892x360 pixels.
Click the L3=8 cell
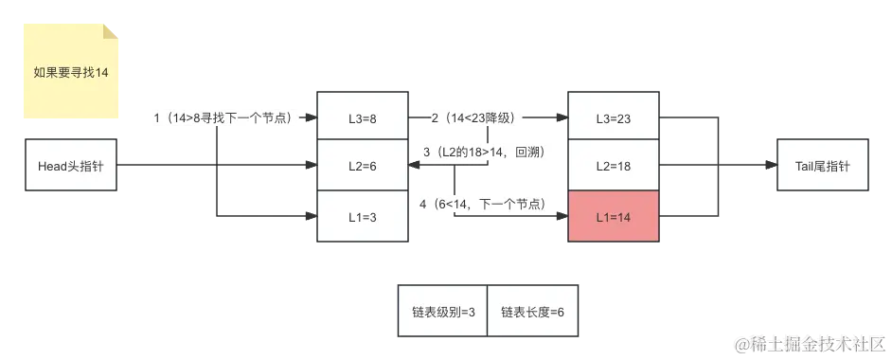(x=362, y=118)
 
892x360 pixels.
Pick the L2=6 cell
(x=362, y=166)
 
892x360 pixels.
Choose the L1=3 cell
(x=362, y=216)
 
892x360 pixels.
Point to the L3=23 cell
(x=613, y=118)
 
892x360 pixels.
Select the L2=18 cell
(x=613, y=166)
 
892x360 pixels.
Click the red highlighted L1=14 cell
(x=613, y=216)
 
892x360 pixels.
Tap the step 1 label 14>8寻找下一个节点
(x=227, y=118)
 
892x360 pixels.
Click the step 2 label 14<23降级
(x=472, y=118)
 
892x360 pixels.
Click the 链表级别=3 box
(x=442, y=311)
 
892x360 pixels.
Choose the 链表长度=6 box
(x=532, y=311)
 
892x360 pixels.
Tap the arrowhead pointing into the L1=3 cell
(x=310, y=216)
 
